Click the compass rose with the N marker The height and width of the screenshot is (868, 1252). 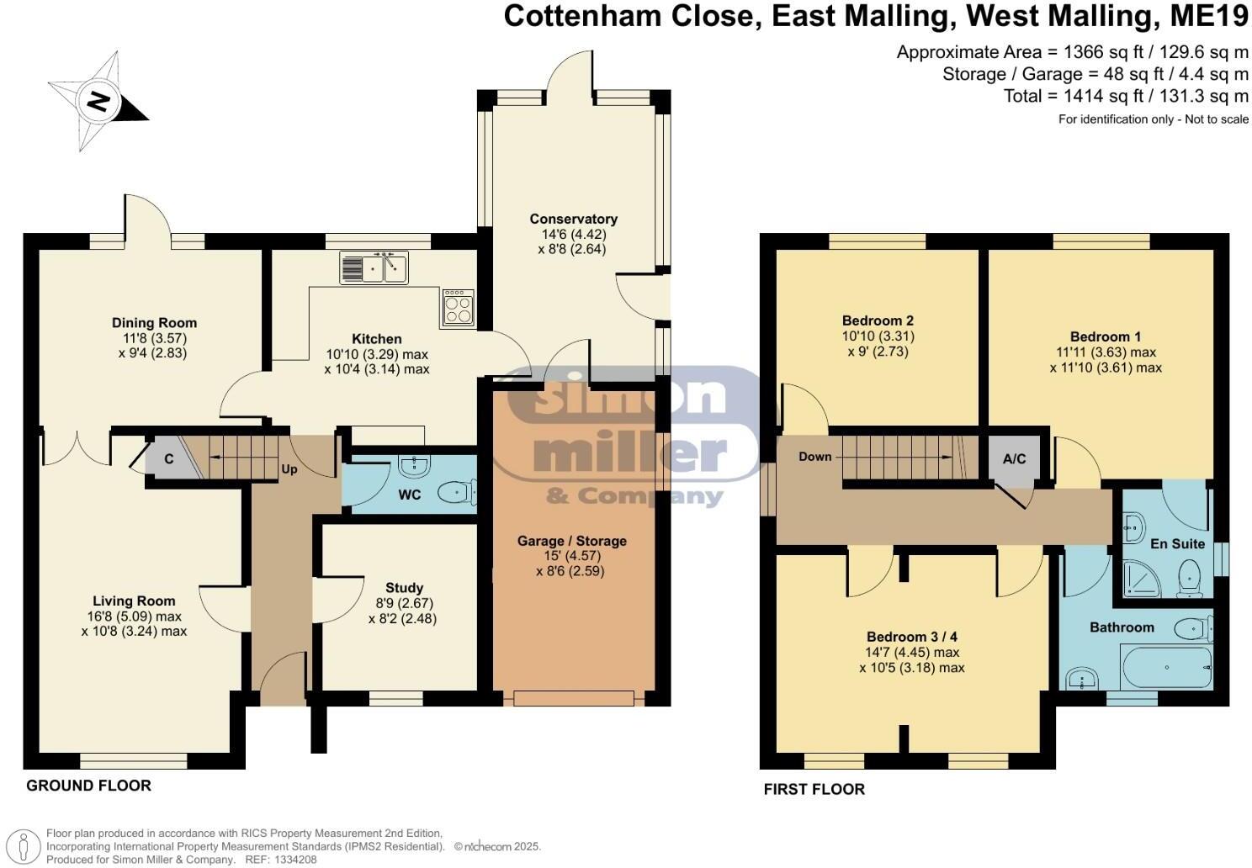coord(98,102)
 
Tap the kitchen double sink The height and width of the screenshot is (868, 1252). coord(374,267)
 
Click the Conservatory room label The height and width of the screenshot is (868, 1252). coord(573,219)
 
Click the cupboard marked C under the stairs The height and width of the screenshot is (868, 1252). coord(168,459)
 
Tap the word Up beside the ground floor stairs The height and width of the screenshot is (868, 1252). coord(289,469)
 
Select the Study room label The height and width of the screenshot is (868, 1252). coord(404,588)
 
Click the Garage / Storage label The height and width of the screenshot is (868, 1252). coord(571,541)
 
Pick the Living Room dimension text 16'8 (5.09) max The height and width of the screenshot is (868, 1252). coord(135,616)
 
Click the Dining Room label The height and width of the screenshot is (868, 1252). coord(154,322)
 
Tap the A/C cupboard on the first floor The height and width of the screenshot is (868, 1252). coord(1014,459)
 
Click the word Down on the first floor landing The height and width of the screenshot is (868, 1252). coord(814,457)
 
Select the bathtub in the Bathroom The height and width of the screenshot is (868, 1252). coord(1166,667)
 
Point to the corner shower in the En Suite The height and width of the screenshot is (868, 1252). coord(1144,580)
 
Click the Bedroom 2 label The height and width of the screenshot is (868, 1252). coord(878,320)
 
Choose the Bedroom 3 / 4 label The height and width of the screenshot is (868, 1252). coord(911,636)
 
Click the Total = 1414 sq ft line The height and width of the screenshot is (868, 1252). coord(1126,96)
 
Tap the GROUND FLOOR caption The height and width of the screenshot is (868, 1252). coord(88,786)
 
